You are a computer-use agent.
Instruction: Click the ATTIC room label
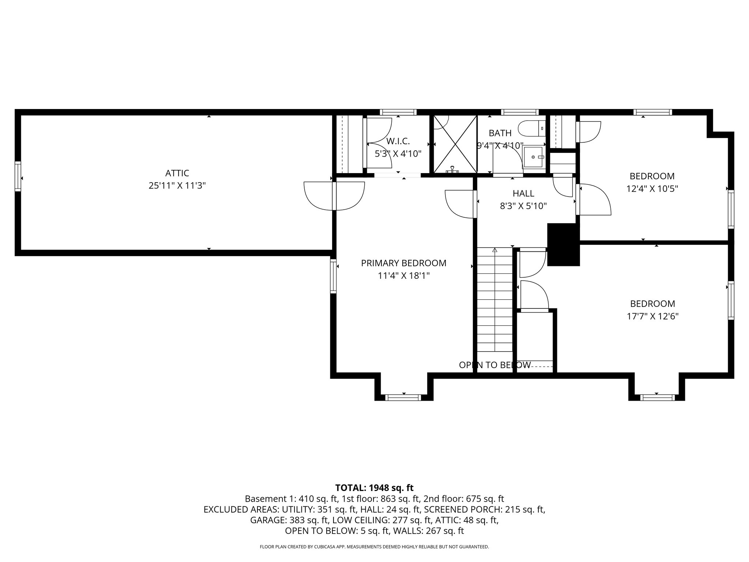[177, 173]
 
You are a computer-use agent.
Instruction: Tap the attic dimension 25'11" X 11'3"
[177, 186]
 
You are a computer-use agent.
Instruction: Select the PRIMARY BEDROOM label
[403, 263]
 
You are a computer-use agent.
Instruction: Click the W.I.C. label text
[398, 141]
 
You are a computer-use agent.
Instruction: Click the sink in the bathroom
[534, 157]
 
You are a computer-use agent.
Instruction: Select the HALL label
[523, 193]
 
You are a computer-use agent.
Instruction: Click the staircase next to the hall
[495, 300]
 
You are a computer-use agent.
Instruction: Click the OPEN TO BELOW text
[494, 365]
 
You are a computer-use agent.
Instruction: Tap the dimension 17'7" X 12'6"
[652, 316]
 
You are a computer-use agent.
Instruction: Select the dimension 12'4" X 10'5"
[652, 189]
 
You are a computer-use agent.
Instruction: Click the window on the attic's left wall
[18, 176]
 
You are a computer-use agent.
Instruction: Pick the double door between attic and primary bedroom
[334, 196]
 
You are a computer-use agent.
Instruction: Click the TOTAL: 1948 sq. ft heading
[374, 488]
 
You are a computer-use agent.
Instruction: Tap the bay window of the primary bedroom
[404, 397]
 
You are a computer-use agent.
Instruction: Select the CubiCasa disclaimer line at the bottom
[374, 547]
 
